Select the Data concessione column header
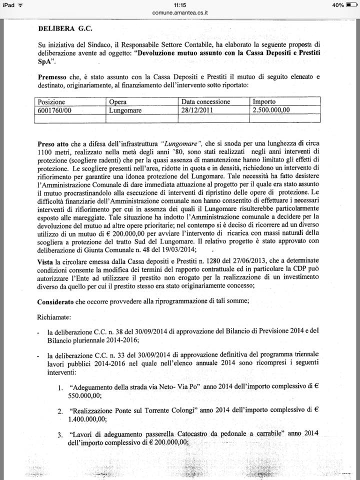point(205,102)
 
